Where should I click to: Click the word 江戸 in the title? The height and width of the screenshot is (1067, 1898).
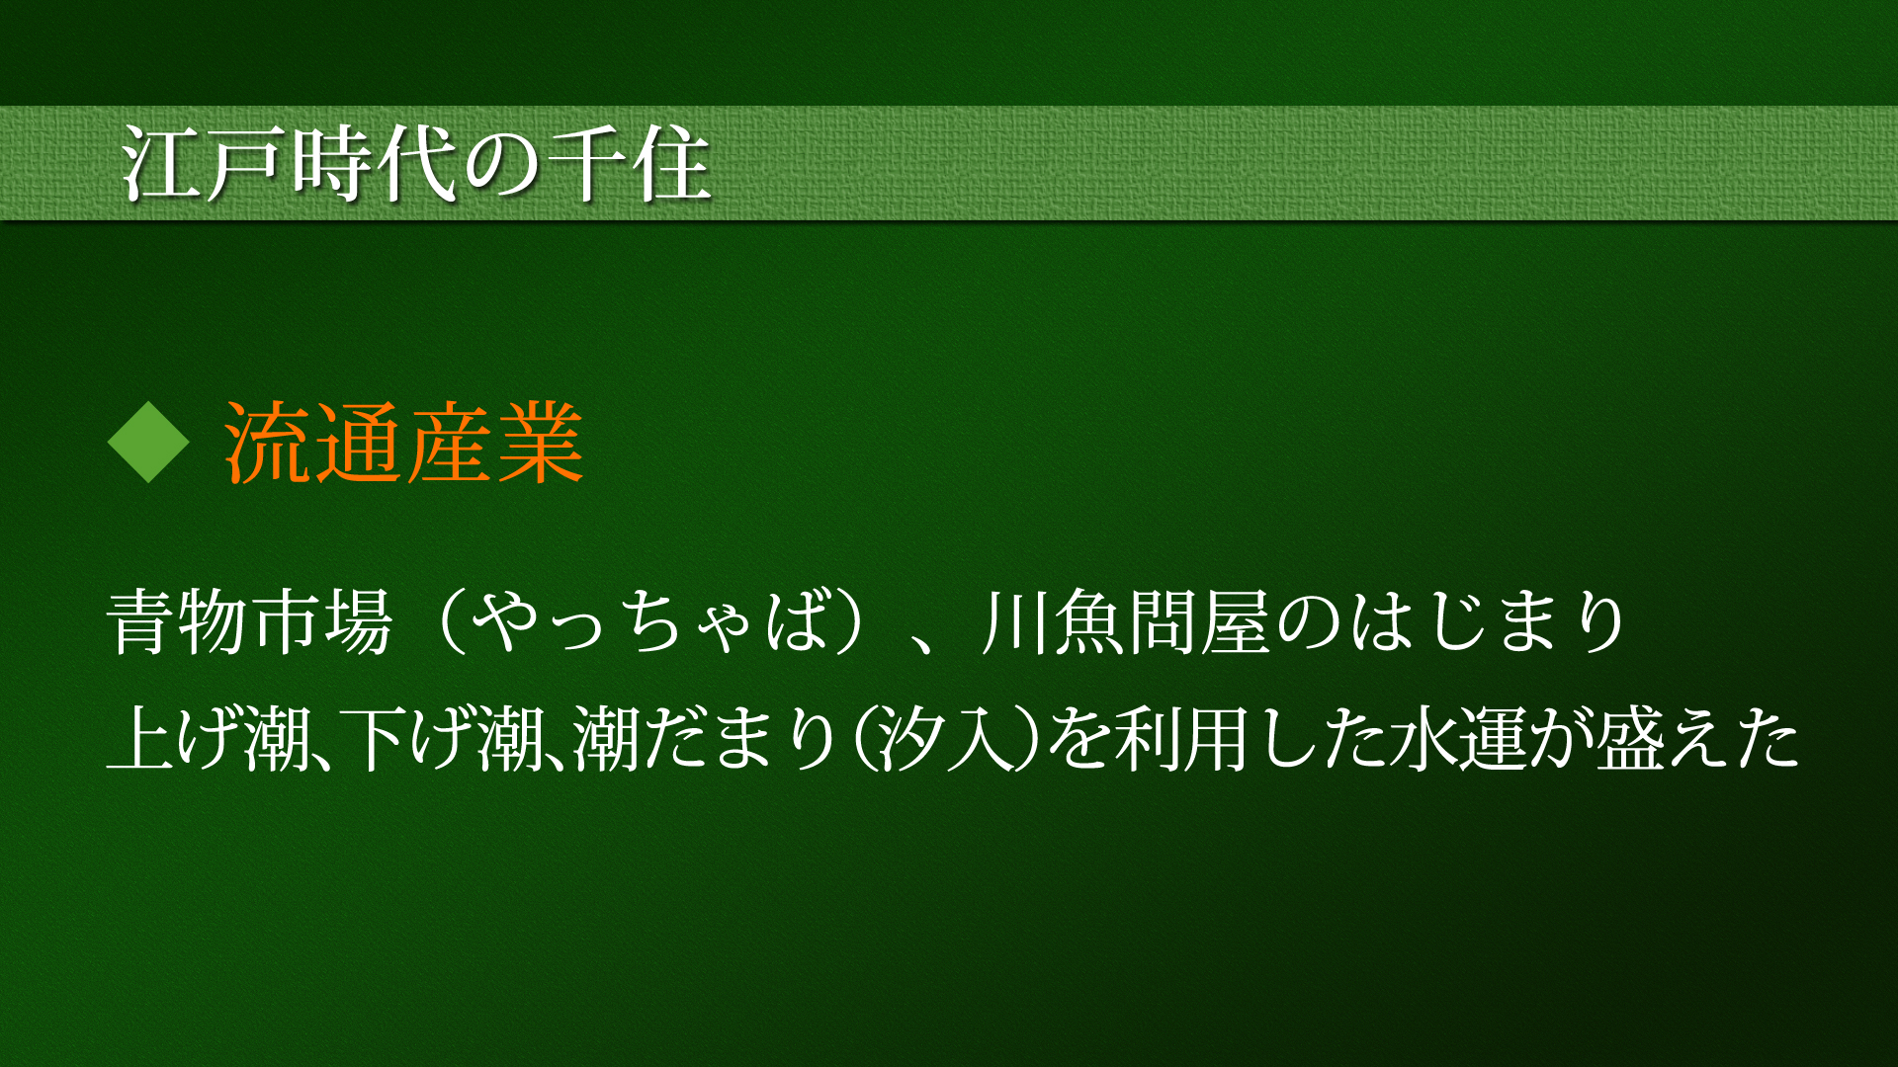tap(205, 163)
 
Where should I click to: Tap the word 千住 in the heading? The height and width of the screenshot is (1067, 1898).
tap(630, 163)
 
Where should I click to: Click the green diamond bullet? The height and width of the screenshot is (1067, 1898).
tap(148, 443)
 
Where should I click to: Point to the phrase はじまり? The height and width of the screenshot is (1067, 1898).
tap(1489, 622)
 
